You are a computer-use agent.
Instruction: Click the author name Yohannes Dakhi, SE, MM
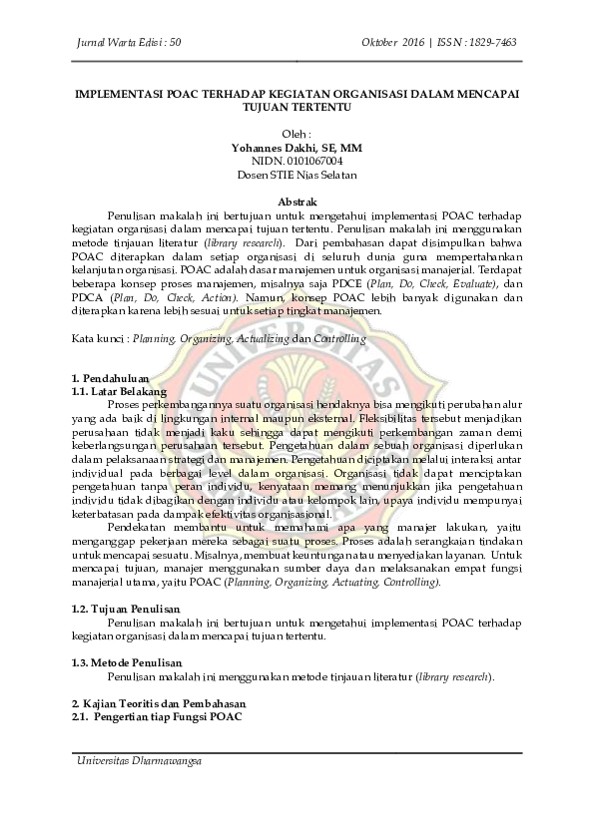tap(297, 147)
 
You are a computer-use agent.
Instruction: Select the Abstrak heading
tap(297, 201)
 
